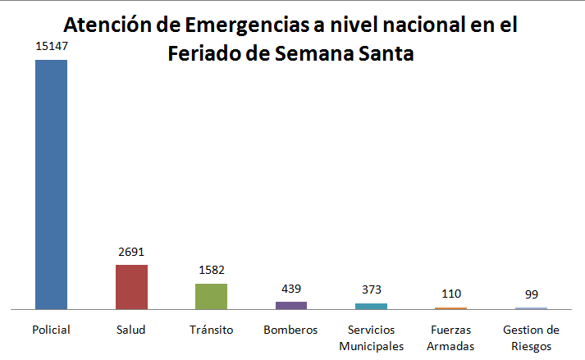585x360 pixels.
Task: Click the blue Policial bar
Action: (51, 185)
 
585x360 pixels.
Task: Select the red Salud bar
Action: (131, 287)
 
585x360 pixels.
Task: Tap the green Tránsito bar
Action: (211, 296)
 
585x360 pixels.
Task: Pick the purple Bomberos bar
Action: (291, 305)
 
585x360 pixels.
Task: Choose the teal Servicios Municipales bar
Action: (371, 306)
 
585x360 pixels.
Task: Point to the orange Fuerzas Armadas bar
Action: (450, 308)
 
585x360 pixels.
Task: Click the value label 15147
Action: (51, 48)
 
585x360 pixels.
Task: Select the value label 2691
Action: (131, 253)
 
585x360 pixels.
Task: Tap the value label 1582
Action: (211, 271)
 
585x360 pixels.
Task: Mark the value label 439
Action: (291, 289)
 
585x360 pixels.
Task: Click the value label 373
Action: (371, 290)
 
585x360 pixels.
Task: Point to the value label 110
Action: (450, 294)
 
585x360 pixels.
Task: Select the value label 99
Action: (531, 294)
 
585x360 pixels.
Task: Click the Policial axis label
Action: (51, 330)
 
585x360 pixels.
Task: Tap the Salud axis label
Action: (131, 330)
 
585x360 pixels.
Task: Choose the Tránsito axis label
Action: (211, 330)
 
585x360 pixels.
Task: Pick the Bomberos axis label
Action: (290, 330)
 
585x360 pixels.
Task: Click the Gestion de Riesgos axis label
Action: (531, 337)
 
